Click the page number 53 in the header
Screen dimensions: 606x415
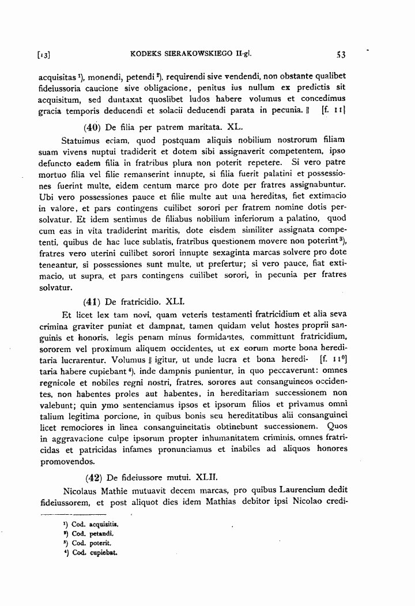340,55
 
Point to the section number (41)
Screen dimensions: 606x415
93,301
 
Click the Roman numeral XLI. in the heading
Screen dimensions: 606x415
175,301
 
